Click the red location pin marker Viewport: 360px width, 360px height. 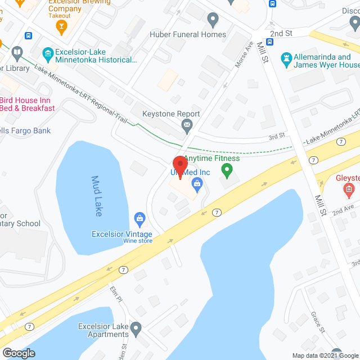[179, 166]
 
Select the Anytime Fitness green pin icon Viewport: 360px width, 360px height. [227, 169]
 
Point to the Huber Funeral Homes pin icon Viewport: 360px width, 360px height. [213, 21]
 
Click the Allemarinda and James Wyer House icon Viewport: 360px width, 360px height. [286, 58]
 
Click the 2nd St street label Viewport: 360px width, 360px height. [281, 34]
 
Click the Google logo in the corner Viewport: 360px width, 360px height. [18, 353]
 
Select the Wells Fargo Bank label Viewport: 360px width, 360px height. [33, 131]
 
